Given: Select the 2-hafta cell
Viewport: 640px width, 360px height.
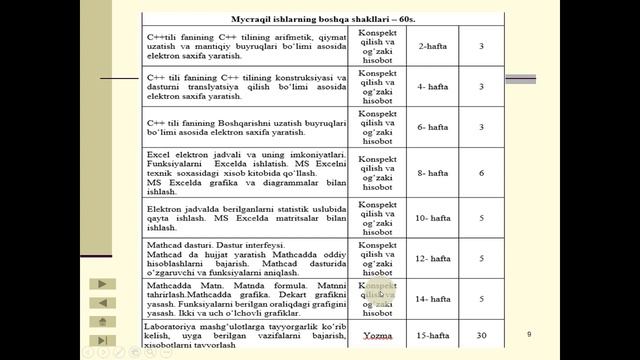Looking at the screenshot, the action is point(433,46).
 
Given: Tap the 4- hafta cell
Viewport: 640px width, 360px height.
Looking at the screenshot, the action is point(433,87).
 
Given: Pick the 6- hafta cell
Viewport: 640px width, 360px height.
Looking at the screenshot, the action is point(433,127).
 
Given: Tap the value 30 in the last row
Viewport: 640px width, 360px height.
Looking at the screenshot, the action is point(482,335).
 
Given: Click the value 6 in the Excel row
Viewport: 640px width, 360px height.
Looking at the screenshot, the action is point(482,172).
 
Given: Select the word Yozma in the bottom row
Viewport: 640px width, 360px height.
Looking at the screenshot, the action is point(378,335).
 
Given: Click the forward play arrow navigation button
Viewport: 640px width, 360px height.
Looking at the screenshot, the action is point(102,284).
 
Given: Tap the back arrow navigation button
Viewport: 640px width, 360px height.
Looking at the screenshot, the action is point(102,303).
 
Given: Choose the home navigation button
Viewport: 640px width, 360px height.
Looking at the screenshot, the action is point(102,321).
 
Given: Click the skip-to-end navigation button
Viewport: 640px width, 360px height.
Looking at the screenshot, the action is point(102,340).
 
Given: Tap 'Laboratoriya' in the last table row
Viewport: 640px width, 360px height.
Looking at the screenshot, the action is point(169,325).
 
